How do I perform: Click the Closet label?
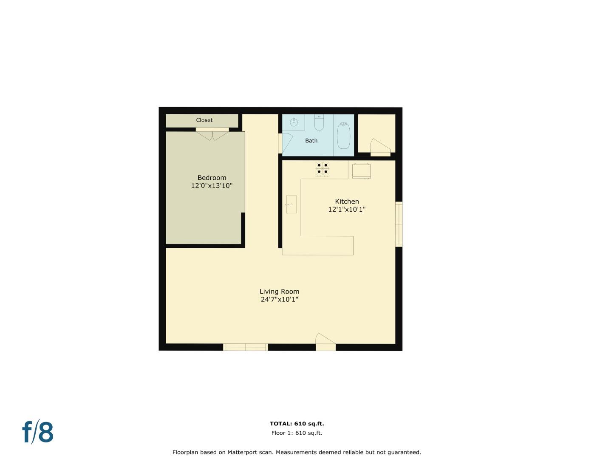[204, 120]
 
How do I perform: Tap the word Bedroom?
[212, 178]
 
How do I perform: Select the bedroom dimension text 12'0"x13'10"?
[212, 186]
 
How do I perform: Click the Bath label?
[311, 141]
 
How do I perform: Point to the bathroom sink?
[294, 122]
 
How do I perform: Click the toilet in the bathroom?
[319, 123]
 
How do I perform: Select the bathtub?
[343, 135]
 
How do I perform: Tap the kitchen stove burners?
[322, 168]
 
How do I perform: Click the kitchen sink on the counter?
[291, 204]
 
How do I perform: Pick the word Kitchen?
[347, 201]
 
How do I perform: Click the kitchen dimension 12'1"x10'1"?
[347, 210]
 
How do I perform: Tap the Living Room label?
[279, 292]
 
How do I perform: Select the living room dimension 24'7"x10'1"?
[279, 300]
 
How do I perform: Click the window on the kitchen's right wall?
[399, 224]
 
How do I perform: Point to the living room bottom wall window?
[246, 347]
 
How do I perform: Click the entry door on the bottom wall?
[325, 344]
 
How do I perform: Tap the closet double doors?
[212, 135]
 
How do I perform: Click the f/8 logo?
[38, 432]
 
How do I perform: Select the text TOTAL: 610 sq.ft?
[297, 424]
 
